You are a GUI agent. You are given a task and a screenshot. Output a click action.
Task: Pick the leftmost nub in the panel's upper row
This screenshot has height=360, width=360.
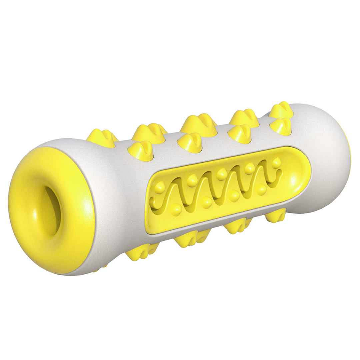pos(160,187)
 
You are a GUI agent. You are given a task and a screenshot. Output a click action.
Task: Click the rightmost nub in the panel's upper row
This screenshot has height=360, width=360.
pos(276,163)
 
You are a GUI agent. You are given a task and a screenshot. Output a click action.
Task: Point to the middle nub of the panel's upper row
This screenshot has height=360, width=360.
pos(222,174)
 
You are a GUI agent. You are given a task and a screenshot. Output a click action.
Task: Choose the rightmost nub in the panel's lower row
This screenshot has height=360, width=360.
pos(261,190)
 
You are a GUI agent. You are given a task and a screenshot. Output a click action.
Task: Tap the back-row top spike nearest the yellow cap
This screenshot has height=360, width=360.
pos(102,137)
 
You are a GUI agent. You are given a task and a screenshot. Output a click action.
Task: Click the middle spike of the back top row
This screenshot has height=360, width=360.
pos(199,124)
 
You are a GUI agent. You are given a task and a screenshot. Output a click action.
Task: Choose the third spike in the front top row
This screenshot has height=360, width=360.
pos(239,133)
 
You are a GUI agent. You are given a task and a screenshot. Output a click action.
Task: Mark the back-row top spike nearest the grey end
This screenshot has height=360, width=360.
pos(282,110)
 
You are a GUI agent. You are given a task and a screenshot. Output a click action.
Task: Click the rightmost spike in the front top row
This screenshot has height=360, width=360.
pos(281,126)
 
